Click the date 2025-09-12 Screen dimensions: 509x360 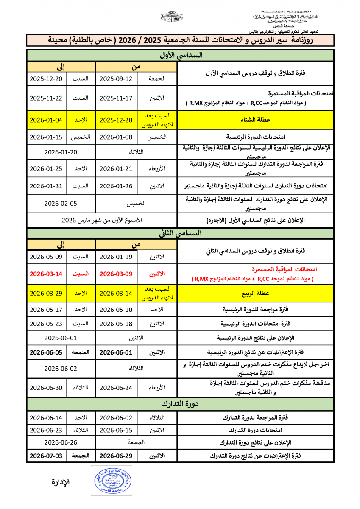(x=116, y=79)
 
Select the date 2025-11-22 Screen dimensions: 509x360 (x=46, y=98)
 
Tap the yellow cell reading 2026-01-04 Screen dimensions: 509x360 (x=46, y=120)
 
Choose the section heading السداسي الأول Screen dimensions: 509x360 (x=180, y=55)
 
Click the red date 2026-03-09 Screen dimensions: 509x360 (x=116, y=274)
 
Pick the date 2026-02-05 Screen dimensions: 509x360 (x=61, y=203)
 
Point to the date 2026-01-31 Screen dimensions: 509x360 (x=46, y=186)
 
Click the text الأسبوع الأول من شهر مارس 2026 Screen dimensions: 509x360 (x=102, y=221)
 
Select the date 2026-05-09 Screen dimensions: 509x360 (x=46, y=257)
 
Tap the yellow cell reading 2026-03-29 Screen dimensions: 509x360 (x=46, y=293)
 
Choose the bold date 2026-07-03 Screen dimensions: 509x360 (x=46, y=456)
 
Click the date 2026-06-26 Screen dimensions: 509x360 (x=61, y=442)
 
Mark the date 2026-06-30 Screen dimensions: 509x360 (x=46, y=387)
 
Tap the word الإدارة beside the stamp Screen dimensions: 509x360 (x=61, y=482)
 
